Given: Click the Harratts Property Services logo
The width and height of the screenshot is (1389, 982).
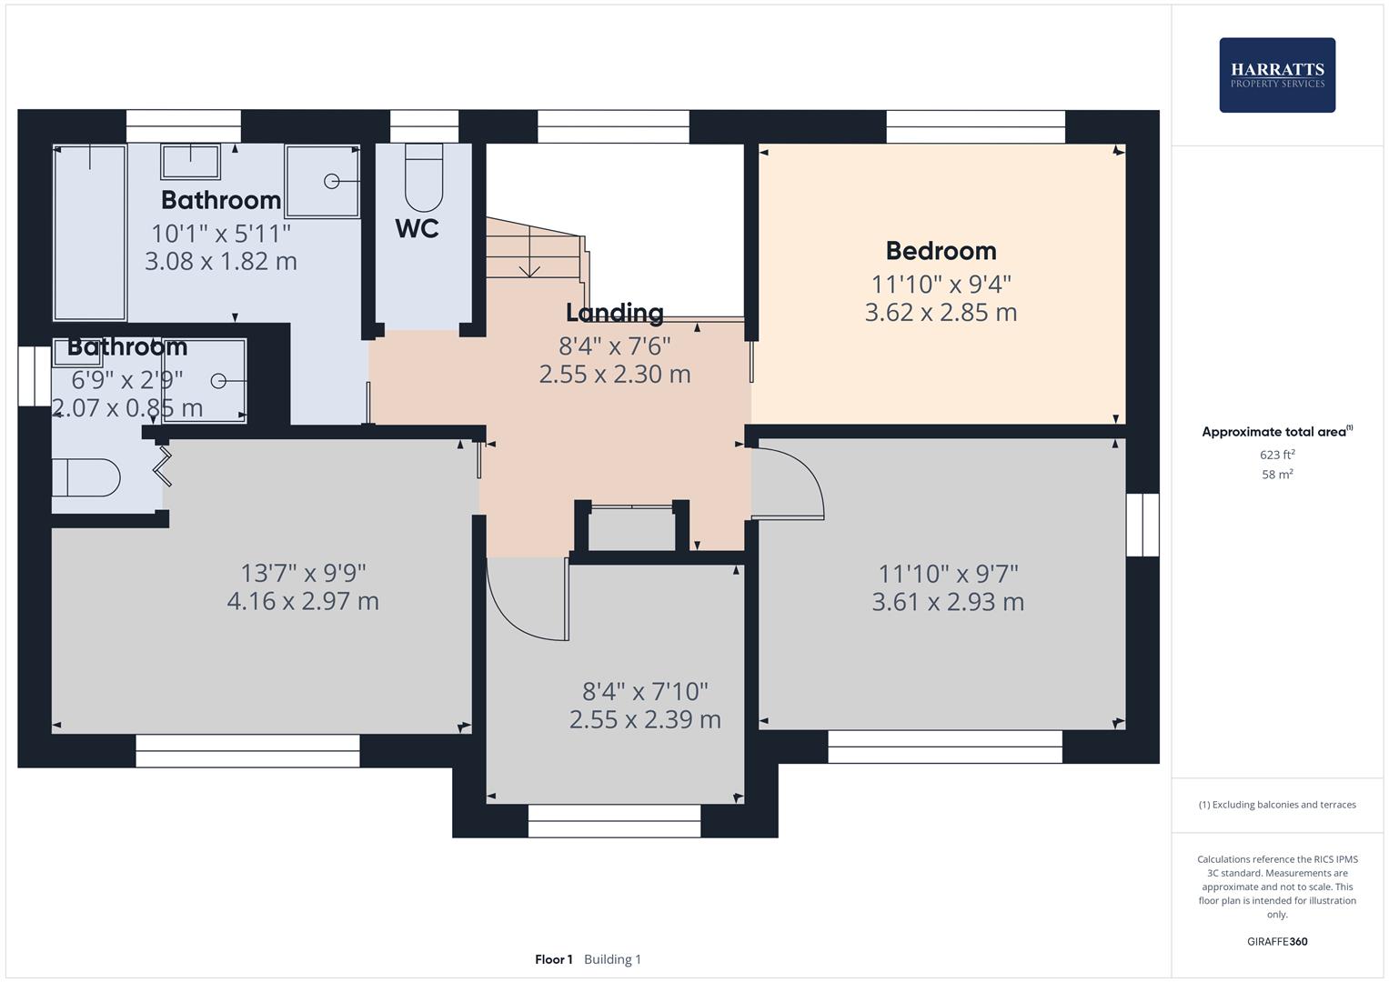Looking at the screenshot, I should pyautogui.click(x=1277, y=75).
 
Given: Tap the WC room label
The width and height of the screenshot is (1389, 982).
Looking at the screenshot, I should pyautogui.click(x=417, y=228).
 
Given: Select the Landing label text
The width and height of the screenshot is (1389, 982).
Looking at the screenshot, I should pyautogui.click(x=614, y=313).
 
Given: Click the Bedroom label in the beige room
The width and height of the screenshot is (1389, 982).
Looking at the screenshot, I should pyautogui.click(x=941, y=251).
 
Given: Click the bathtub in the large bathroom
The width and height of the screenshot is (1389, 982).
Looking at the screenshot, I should pyautogui.click(x=90, y=232).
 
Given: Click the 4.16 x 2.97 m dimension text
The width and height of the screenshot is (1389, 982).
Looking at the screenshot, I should pyautogui.click(x=303, y=601).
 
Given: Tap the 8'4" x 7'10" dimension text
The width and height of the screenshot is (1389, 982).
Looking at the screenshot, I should pyautogui.click(x=645, y=691).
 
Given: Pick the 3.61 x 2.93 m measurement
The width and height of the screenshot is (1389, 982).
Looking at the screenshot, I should pyautogui.click(x=948, y=602).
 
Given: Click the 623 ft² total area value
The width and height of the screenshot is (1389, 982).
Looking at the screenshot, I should pyautogui.click(x=1277, y=455).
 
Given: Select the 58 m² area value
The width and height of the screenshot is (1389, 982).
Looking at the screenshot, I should pyautogui.click(x=1277, y=475).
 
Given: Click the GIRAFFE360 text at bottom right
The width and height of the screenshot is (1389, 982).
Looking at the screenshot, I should pyautogui.click(x=1277, y=941).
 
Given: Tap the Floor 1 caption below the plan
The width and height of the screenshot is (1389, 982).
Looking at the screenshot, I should pyautogui.click(x=553, y=959).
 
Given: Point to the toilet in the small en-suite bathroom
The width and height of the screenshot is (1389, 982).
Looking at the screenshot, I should pyautogui.click(x=86, y=477).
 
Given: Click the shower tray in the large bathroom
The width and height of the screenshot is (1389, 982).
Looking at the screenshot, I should pyautogui.click(x=322, y=181).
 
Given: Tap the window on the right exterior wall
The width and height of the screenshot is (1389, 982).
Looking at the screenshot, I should pyautogui.click(x=1142, y=525).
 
